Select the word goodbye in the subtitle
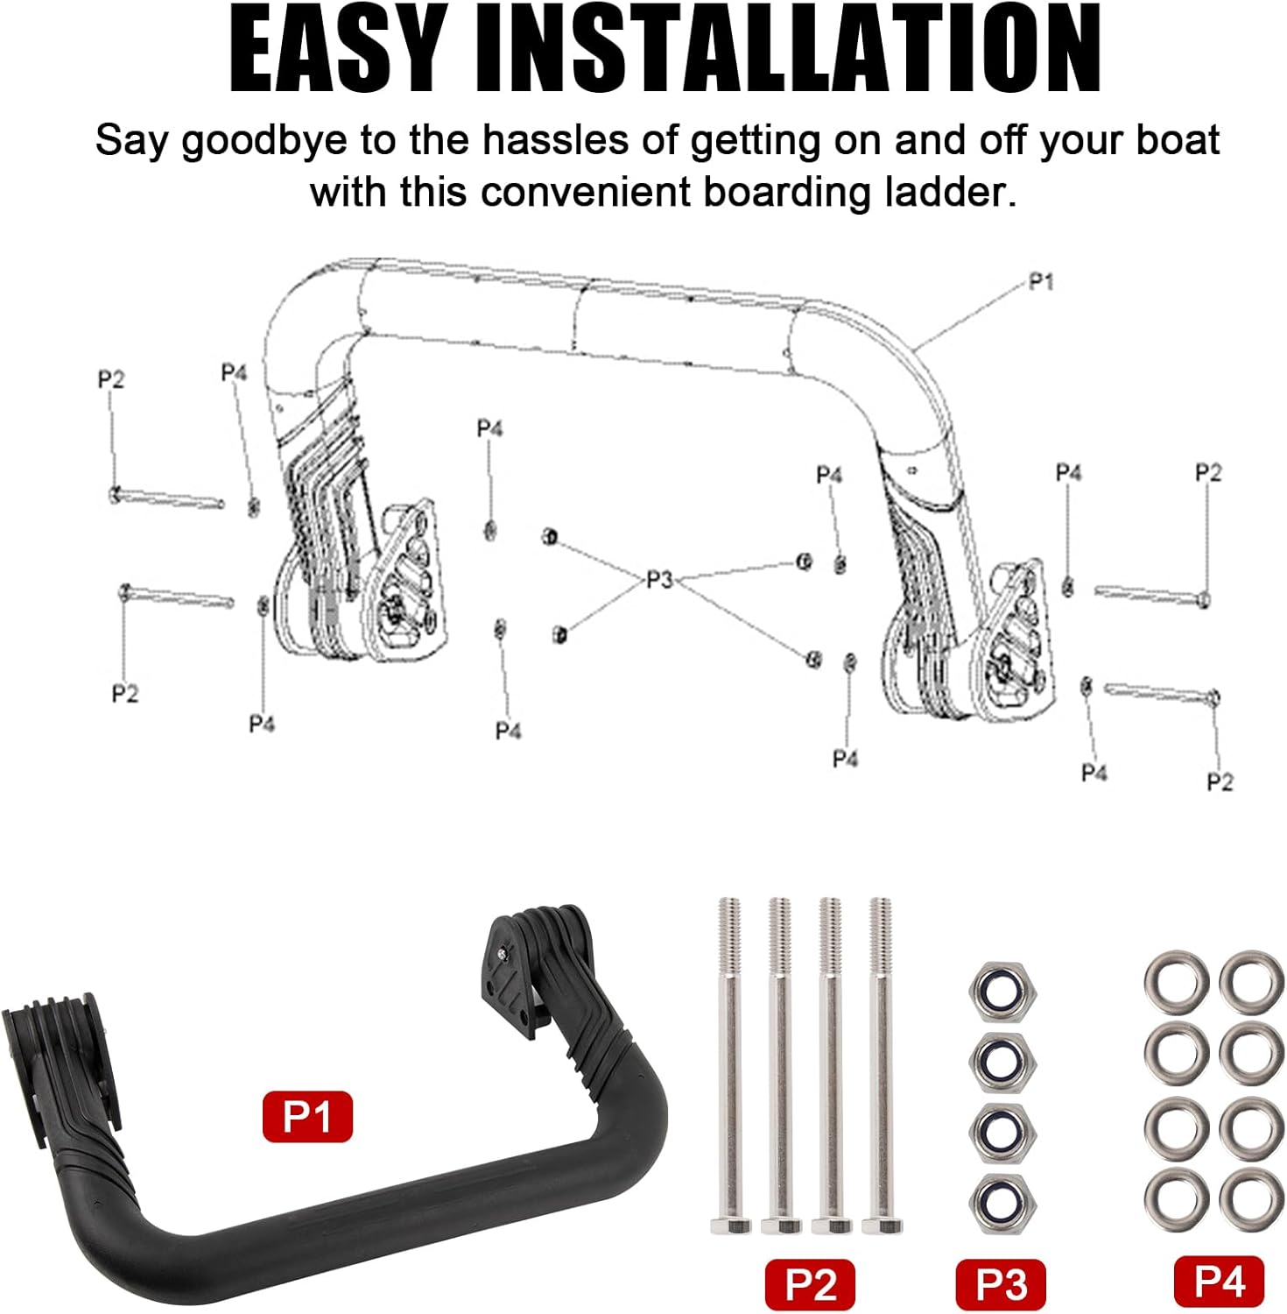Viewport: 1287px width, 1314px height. [x=264, y=142]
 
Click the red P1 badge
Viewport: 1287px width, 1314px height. [x=307, y=1116]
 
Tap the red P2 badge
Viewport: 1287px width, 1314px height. [x=810, y=1284]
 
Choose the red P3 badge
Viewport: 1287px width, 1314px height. [x=1001, y=1284]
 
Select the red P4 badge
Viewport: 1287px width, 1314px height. [x=1219, y=1281]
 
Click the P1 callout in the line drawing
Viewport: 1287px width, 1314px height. [x=1041, y=281]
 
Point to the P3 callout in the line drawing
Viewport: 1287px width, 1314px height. [x=659, y=580]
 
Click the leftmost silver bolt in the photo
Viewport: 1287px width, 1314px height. [x=730, y=1065]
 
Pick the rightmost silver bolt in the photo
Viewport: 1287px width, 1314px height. [x=882, y=1065]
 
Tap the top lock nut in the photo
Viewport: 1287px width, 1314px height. [x=1003, y=990]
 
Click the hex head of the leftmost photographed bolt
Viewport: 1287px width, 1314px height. [x=730, y=1226]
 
